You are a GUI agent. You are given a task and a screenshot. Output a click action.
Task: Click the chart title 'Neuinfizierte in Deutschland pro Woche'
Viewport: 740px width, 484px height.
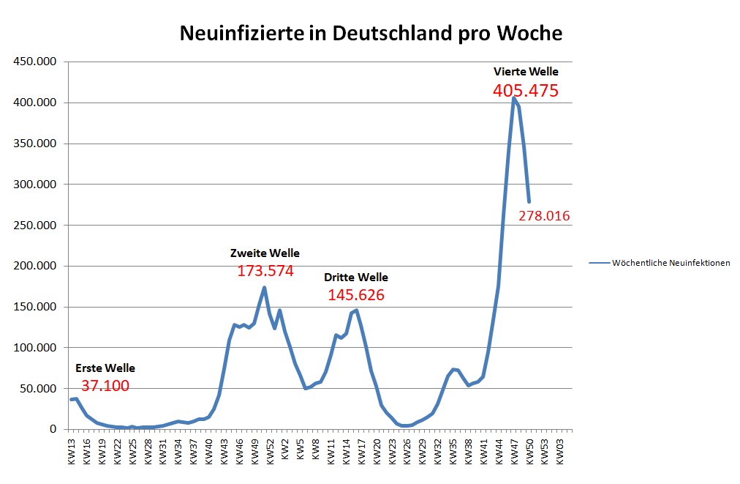tap(371, 34)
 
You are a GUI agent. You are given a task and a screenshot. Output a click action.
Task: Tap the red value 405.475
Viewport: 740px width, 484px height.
tap(525, 91)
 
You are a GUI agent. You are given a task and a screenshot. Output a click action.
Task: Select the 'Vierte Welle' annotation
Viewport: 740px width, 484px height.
tap(526, 72)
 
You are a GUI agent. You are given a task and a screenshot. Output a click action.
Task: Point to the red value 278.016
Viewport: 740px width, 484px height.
tap(544, 216)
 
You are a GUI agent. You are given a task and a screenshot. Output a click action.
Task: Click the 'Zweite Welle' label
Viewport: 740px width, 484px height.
tap(265, 253)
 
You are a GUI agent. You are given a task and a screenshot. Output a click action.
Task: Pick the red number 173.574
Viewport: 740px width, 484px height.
tap(265, 271)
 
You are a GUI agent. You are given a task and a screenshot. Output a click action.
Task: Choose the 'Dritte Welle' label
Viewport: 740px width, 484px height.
tap(356, 278)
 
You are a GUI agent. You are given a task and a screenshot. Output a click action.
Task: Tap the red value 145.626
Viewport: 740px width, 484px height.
tap(356, 295)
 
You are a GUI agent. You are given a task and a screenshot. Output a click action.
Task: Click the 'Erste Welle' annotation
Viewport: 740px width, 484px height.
tap(105, 368)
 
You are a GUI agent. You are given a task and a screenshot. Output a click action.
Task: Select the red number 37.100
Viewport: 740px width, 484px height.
tap(105, 386)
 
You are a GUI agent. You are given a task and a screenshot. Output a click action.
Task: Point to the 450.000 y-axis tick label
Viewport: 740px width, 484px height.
tap(36, 62)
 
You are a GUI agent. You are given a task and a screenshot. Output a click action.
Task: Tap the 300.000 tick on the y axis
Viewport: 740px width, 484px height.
tap(36, 185)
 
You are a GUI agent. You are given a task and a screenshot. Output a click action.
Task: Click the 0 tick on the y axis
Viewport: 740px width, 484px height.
tap(53, 429)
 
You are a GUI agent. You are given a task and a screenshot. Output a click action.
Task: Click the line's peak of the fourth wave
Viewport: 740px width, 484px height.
tap(514, 98)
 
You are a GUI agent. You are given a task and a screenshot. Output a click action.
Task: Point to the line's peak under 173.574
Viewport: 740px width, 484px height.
tap(264, 287)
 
